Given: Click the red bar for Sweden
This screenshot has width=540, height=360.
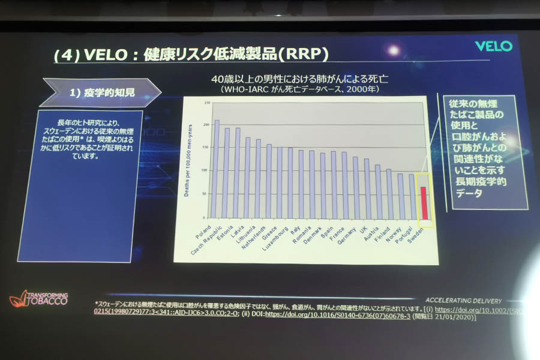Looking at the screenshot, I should coord(424,203).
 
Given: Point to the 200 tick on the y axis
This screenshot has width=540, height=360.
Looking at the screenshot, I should coord(206,125).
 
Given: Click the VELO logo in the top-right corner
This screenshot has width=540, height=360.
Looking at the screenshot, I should coord(493,46).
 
